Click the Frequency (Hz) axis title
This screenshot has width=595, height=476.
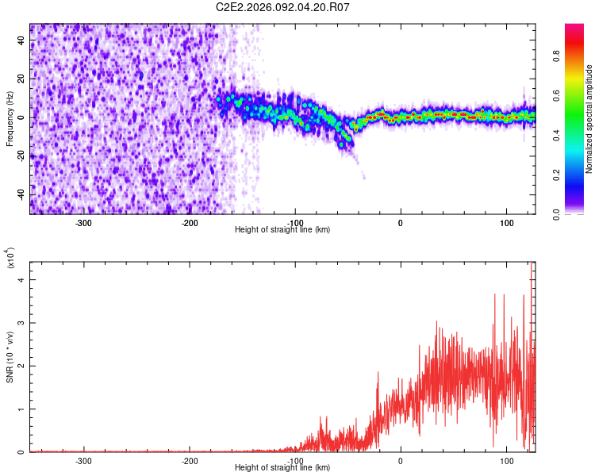coord(10,119)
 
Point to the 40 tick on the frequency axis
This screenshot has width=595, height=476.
coord(22,41)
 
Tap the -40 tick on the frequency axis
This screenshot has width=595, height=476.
coord(22,195)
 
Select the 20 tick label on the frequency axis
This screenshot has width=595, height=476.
coord(22,79)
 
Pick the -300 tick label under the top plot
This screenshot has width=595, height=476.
coord(84,222)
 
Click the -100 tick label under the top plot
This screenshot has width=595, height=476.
coord(294,222)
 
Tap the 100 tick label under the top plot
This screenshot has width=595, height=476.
coord(505,222)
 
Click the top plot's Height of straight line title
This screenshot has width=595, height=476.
coord(282,230)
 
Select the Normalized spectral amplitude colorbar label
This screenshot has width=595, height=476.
coord(589,119)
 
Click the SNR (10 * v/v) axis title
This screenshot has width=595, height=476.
coord(10,357)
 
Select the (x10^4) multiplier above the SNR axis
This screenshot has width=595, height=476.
coord(11,258)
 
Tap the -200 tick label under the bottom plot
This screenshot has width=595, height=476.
coord(190,460)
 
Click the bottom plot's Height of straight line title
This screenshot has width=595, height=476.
coord(282,468)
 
